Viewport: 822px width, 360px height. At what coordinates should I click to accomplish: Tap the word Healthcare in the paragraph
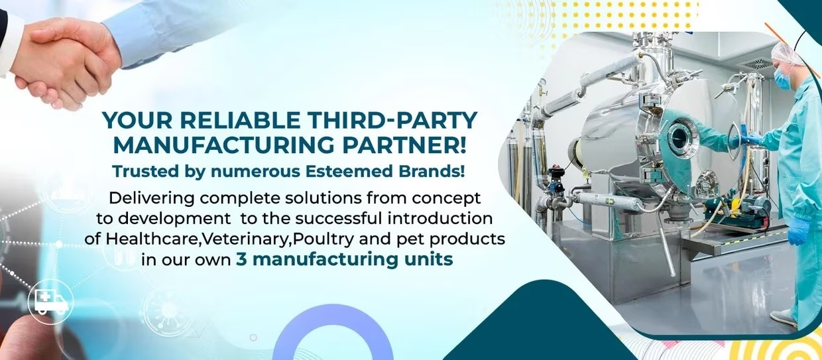(x=152, y=239)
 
